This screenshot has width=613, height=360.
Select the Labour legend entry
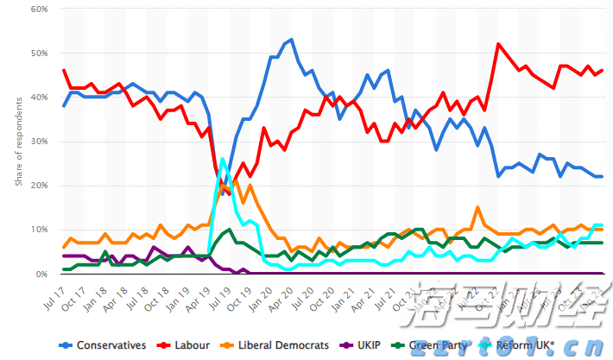190,345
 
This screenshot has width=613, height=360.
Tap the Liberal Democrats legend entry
280,345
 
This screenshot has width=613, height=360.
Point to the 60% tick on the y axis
37,9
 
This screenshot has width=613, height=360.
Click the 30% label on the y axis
37,142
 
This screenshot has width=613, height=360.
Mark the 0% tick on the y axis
41,274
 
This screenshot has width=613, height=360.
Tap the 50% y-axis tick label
37,54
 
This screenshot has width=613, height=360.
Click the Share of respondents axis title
18,142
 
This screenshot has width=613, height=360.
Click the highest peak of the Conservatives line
291,40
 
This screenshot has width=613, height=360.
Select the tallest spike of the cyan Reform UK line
223,159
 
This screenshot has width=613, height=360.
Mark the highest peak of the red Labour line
498,44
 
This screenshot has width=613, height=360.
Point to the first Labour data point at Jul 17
64,71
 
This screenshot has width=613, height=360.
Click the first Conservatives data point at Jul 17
64,106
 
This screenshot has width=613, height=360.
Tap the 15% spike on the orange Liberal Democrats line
477,208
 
